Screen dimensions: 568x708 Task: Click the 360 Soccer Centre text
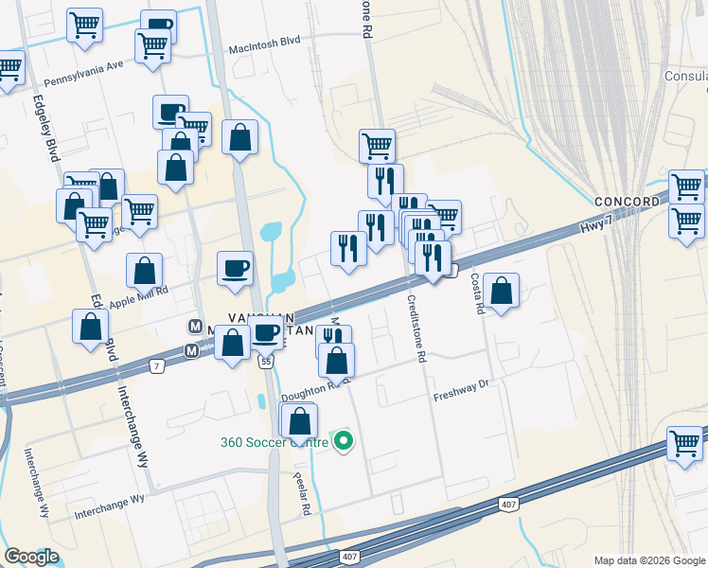(273, 442)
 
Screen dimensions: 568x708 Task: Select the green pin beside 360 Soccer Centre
(344, 441)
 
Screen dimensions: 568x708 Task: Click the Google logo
(31, 557)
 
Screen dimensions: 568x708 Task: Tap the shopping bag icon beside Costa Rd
(502, 291)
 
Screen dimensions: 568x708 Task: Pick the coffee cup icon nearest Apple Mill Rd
(236, 268)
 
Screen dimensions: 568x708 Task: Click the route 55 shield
(267, 362)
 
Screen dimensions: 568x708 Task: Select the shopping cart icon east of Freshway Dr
(684, 442)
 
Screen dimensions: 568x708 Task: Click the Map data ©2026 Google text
(649, 559)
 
